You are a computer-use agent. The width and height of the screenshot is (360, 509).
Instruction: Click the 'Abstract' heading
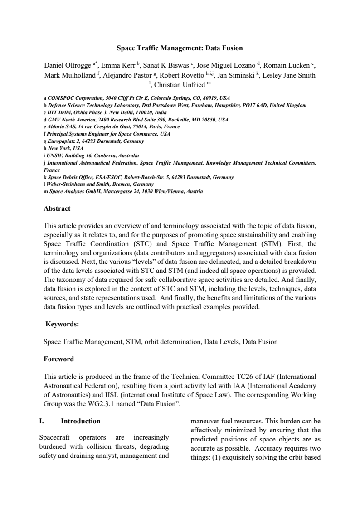tap(57, 209)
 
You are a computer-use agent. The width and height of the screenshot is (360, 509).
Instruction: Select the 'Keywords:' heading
tap(63, 324)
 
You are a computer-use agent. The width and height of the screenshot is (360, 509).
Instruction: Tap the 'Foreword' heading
tap(58, 359)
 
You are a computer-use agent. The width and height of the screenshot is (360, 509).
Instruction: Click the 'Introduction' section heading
tap(81, 421)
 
